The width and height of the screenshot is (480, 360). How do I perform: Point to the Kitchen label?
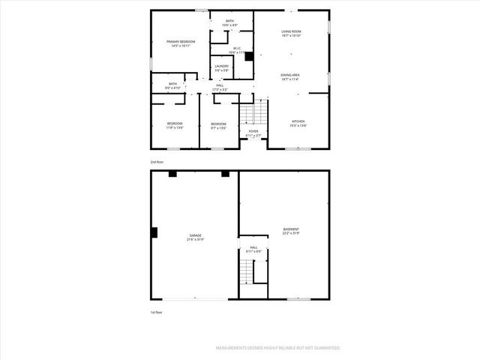298,123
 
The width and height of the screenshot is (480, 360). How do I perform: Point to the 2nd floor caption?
156,162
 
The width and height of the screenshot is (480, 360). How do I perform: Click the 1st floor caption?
156,312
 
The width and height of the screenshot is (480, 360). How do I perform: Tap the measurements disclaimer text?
278,348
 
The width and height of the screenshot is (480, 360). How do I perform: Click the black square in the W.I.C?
249,55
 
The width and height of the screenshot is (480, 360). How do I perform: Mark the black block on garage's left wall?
154,232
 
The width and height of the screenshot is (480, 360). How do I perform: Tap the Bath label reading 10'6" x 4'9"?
230,23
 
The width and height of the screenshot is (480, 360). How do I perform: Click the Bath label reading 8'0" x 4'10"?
173,85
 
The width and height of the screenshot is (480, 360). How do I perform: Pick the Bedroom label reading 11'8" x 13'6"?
175,125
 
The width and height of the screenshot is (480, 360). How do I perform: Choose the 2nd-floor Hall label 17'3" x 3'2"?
220,87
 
